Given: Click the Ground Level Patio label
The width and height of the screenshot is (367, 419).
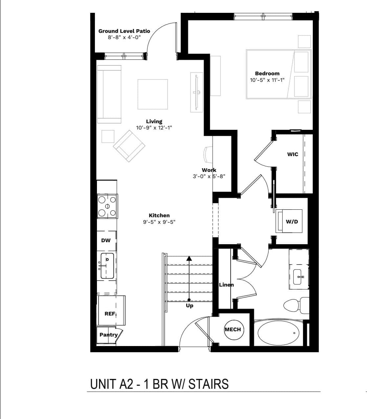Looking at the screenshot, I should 124,31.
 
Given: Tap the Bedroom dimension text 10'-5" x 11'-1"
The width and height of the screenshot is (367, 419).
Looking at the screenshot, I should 267,80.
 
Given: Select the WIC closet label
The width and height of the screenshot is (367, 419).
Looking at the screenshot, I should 292,154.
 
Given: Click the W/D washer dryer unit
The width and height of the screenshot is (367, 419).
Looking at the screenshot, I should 289,221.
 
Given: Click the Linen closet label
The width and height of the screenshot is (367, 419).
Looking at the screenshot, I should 226,285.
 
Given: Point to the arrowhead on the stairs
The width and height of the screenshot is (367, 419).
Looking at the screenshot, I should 189,258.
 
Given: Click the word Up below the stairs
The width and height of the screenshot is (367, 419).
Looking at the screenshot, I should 190,306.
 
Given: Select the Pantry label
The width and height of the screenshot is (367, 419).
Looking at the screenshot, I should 108,335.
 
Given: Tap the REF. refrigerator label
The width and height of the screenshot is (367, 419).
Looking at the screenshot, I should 110,314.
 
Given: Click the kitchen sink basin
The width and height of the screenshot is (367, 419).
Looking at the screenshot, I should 107,266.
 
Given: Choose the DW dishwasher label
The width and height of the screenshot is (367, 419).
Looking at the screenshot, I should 106,240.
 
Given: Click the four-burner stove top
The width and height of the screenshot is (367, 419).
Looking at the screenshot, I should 107,206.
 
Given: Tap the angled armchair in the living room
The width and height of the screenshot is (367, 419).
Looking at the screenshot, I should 129,146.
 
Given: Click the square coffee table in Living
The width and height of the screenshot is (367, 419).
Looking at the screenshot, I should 152,94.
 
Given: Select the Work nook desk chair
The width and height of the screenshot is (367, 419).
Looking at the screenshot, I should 207,154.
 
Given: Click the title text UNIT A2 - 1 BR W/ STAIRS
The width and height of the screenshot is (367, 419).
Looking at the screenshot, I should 159,384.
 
